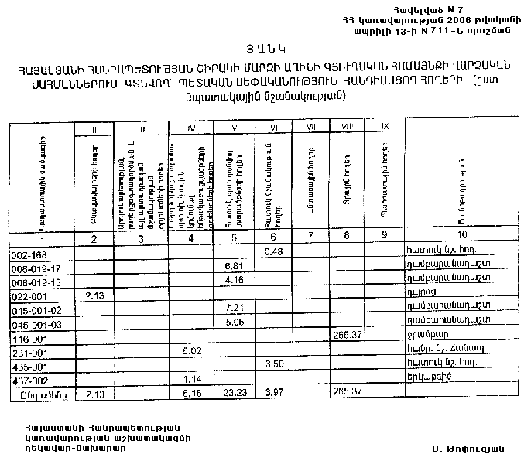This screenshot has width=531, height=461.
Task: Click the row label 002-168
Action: tap(28, 253)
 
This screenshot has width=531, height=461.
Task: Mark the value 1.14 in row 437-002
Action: tap(190, 379)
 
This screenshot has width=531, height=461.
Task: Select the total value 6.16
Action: tap(190, 394)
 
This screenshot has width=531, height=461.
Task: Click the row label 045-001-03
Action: tap(32, 324)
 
